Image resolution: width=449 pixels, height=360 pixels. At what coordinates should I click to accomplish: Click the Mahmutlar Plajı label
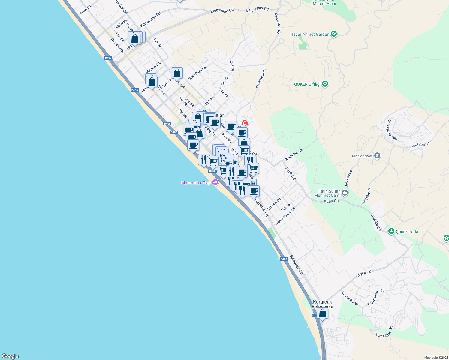coord(196,183)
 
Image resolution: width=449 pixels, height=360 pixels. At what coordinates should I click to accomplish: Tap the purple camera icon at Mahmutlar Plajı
coord(215,182)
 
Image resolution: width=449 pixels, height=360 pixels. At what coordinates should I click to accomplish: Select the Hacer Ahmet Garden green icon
coord(333,34)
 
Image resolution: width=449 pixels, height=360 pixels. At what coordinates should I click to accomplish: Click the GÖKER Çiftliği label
coord(307,84)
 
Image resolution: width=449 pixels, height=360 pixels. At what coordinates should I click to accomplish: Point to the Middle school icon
coord(377,156)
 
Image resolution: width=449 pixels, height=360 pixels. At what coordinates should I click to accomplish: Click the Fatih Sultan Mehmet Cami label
coord(329,193)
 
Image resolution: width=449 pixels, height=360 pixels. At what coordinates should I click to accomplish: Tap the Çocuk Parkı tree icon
coord(391,231)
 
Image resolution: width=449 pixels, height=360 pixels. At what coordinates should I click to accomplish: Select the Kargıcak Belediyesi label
coord(322,304)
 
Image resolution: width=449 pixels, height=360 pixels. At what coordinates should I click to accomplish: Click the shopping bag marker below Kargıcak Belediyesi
coord(322,313)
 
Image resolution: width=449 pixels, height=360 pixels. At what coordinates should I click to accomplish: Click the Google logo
coord(10,356)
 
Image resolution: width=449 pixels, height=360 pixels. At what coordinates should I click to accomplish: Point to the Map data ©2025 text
coord(436,358)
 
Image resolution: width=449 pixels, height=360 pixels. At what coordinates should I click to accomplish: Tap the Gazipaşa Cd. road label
coord(297,265)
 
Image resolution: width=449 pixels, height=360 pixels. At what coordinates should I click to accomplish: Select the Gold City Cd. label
coord(421,145)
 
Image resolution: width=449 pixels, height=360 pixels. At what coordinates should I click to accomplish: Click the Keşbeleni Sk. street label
coord(294,154)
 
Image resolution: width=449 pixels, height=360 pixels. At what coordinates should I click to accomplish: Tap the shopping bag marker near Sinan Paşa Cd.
coord(177,73)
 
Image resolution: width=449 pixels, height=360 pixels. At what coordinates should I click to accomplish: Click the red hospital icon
coord(245,123)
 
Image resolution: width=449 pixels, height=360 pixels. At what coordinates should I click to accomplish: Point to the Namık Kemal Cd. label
coord(285,216)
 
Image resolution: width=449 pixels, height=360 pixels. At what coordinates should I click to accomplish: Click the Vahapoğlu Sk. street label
coord(350,299)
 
